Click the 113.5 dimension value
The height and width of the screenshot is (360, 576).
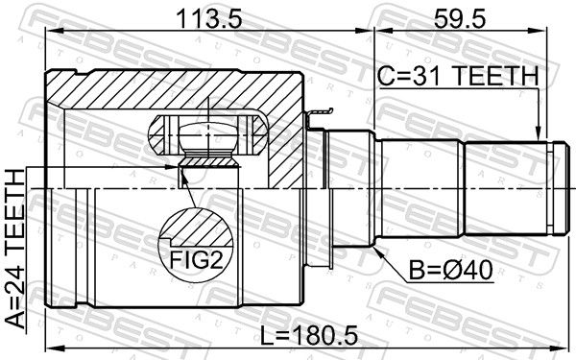(x=209, y=19)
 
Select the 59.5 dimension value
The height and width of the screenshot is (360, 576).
(x=460, y=19)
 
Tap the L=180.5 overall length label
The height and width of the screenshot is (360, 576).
(x=308, y=336)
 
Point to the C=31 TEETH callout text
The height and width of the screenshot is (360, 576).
(x=459, y=76)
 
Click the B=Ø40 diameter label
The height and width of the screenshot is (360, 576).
(x=451, y=271)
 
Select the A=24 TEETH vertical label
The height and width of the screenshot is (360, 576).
(x=15, y=249)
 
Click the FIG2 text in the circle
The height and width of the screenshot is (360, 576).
(x=196, y=260)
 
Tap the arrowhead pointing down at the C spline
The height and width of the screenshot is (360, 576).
(x=538, y=133)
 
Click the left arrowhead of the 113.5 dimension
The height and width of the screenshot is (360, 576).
(x=53, y=32)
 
